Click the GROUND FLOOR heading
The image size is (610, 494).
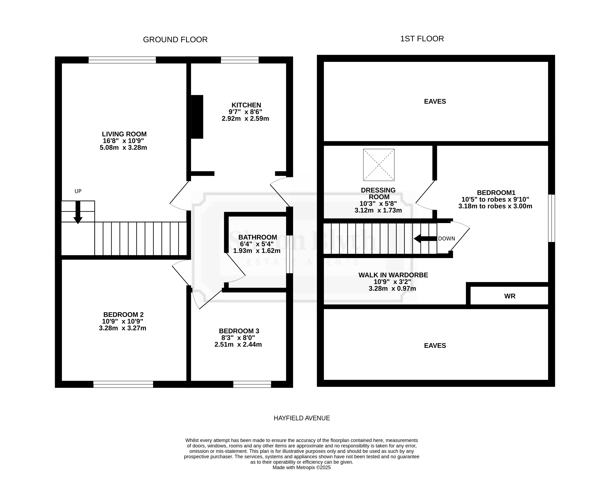(x=175, y=40)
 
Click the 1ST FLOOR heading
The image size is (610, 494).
(x=422, y=39)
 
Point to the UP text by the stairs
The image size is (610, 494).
(x=78, y=191)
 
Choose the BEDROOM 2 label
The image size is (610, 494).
(x=123, y=315)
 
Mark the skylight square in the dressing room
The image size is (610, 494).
(x=379, y=165)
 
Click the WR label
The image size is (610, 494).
(x=510, y=296)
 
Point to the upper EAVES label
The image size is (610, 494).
(x=435, y=102)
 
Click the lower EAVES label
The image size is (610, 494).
(x=435, y=346)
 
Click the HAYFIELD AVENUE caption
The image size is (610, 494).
(x=302, y=418)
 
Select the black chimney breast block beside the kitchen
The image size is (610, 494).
(x=197, y=117)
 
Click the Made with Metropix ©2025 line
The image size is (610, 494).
(x=302, y=467)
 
